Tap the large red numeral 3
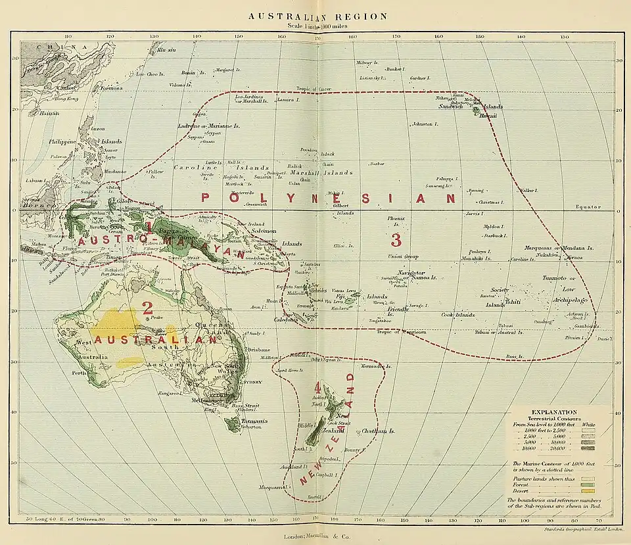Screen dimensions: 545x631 tap(396, 239)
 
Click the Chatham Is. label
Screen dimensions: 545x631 tap(378, 431)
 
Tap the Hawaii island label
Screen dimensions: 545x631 tap(487, 116)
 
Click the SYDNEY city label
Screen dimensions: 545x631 tap(253, 382)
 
